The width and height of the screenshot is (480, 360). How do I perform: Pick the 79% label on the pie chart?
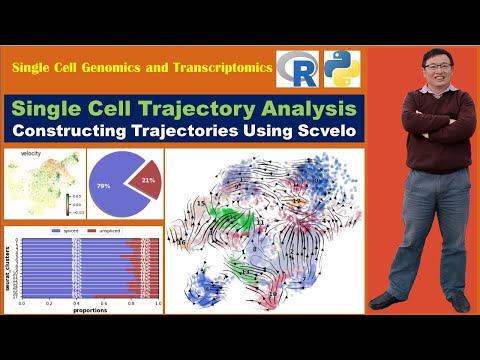click(103, 185)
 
